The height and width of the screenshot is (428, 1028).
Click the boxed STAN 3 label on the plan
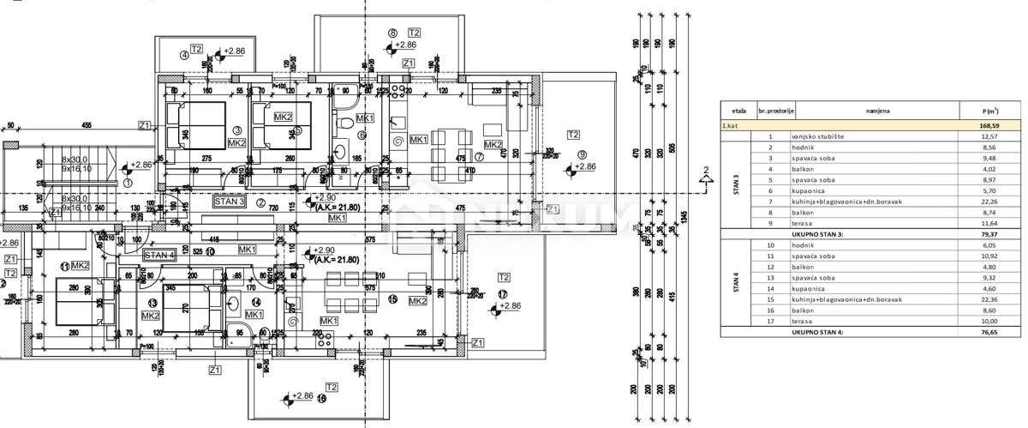click(229, 203)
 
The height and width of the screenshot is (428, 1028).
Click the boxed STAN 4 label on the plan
click(158, 255)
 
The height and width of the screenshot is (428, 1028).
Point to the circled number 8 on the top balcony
click(393, 33)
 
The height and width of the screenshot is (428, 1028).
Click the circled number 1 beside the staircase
click(128, 182)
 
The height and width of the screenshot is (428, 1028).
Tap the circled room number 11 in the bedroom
click(64, 266)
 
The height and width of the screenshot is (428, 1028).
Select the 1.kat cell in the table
click(731, 126)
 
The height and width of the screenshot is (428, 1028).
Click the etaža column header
click(738, 112)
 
